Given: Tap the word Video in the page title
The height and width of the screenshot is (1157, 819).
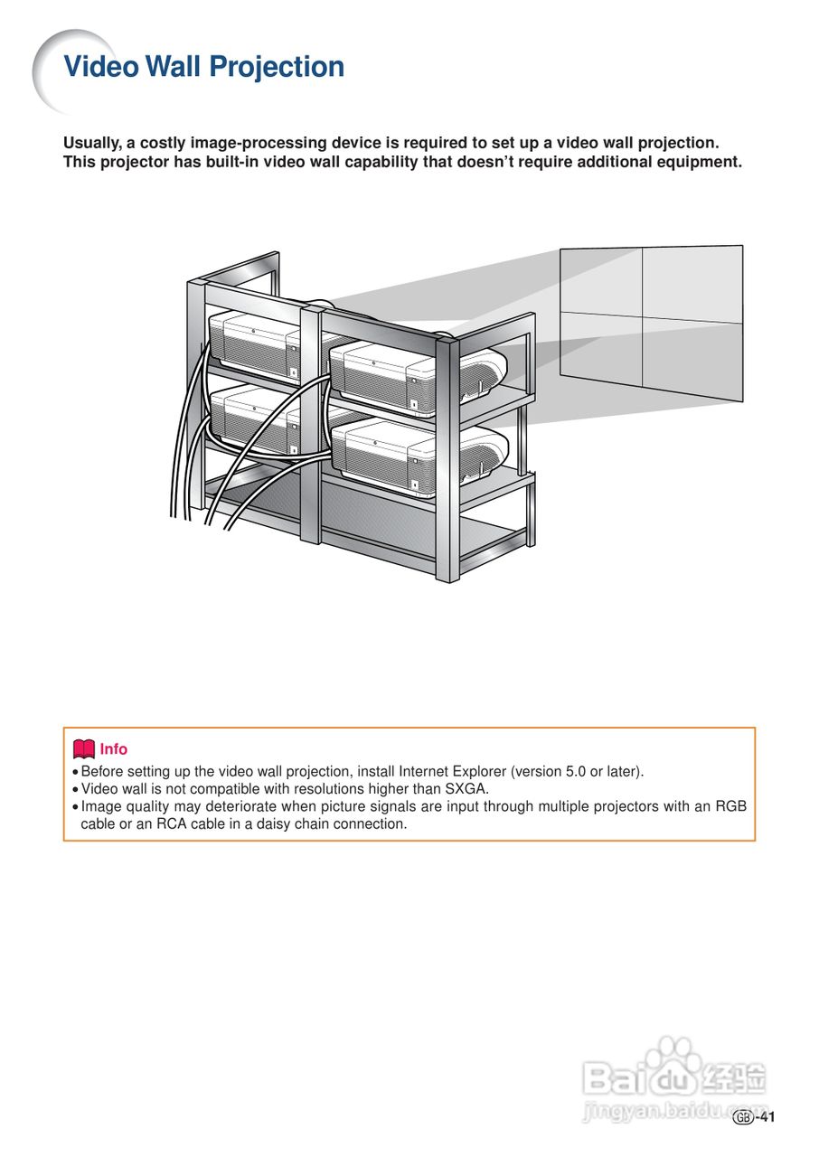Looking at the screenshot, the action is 100,66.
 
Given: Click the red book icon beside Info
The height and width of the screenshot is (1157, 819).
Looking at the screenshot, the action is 84,748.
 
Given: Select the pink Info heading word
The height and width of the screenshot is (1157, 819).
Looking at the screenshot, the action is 113,749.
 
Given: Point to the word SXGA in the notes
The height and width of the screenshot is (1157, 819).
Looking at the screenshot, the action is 466,789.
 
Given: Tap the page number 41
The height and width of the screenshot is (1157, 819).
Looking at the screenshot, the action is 767,1117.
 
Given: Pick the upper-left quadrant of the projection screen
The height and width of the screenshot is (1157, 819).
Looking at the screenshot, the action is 602,281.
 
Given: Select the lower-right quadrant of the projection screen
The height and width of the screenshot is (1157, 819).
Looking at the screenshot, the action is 692,360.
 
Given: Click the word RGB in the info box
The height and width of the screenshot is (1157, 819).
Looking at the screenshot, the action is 730,806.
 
